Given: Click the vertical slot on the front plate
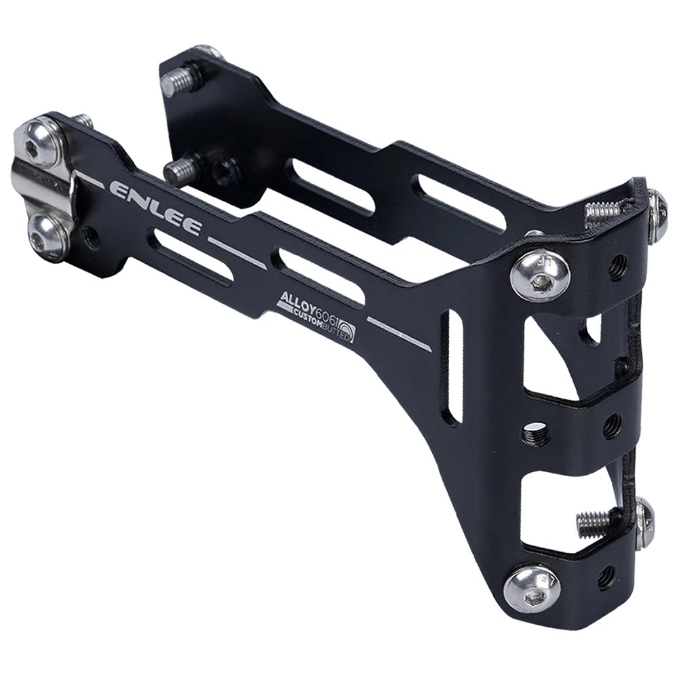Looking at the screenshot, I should [452, 366].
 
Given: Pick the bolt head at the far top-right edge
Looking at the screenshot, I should [656, 215].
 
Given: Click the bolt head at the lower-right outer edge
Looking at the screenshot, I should [645, 522].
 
